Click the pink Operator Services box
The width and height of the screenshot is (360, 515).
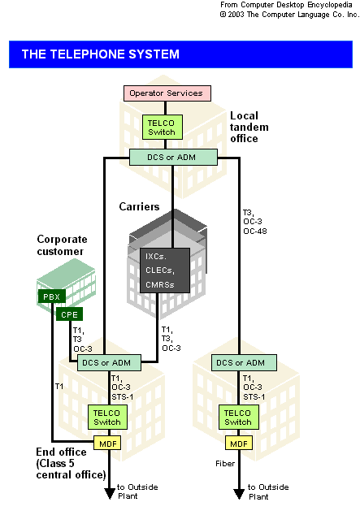click(167, 93)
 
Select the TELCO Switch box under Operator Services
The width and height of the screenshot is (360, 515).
click(163, 127)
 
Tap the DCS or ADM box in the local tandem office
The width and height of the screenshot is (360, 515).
click(173, 158)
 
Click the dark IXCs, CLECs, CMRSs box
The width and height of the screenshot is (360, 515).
click(165, 270)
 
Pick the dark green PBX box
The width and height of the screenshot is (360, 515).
click(52, 296)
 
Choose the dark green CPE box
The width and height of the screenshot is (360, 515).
click(69, 314)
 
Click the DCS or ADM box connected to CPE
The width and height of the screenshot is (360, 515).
click(109, 362)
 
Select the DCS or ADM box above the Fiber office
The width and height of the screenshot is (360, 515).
click(244, 362)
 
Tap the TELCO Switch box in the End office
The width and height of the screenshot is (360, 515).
click(107, 418)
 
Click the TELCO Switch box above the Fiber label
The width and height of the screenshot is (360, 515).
click(239, 418)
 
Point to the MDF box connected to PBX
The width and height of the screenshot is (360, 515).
click(108, 444)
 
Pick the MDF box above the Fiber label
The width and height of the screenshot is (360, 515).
click(239, 444)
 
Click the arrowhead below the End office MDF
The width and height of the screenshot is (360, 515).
click(110, 494)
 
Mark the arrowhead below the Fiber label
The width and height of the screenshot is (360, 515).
click(239, 494)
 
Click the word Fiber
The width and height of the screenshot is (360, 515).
click(225, 464)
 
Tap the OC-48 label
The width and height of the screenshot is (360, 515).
click(255, 232)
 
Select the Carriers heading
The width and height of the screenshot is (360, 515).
click(139, 206)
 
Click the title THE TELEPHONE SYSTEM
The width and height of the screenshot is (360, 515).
click(101, 54)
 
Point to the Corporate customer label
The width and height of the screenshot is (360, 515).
click(62, 245)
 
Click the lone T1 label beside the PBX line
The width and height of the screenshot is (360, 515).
click(59, 387)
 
